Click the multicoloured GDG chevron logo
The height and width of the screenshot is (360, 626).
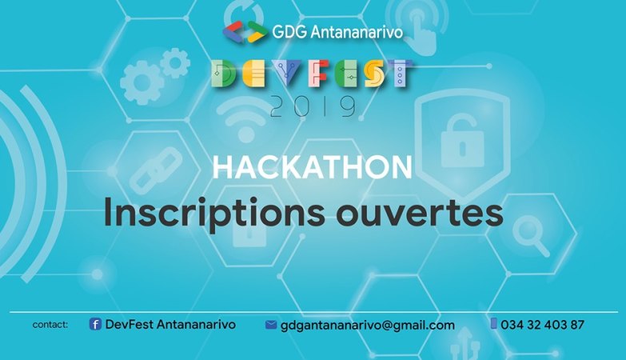(245, 32)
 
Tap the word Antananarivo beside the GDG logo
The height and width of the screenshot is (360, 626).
(357, 32)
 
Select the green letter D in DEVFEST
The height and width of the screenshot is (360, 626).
(223, 74)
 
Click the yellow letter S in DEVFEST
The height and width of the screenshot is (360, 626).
(375, 74)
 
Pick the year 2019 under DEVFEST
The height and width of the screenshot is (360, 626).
(313, 106)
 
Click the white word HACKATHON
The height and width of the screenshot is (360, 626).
(313, 167)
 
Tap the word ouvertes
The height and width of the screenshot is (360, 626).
(420, 214)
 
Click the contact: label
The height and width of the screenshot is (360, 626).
(50, 325)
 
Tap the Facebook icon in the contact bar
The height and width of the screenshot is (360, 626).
(95, 324)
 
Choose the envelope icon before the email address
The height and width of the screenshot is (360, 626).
(271, 325)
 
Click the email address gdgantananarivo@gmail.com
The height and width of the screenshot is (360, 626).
(368, 326)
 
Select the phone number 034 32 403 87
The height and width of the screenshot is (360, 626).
(543, 325)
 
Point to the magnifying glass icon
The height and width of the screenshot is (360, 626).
(532, 235)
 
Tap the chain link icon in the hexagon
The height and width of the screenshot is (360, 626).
(157, 170)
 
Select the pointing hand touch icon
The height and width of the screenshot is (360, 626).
(421, 30)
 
